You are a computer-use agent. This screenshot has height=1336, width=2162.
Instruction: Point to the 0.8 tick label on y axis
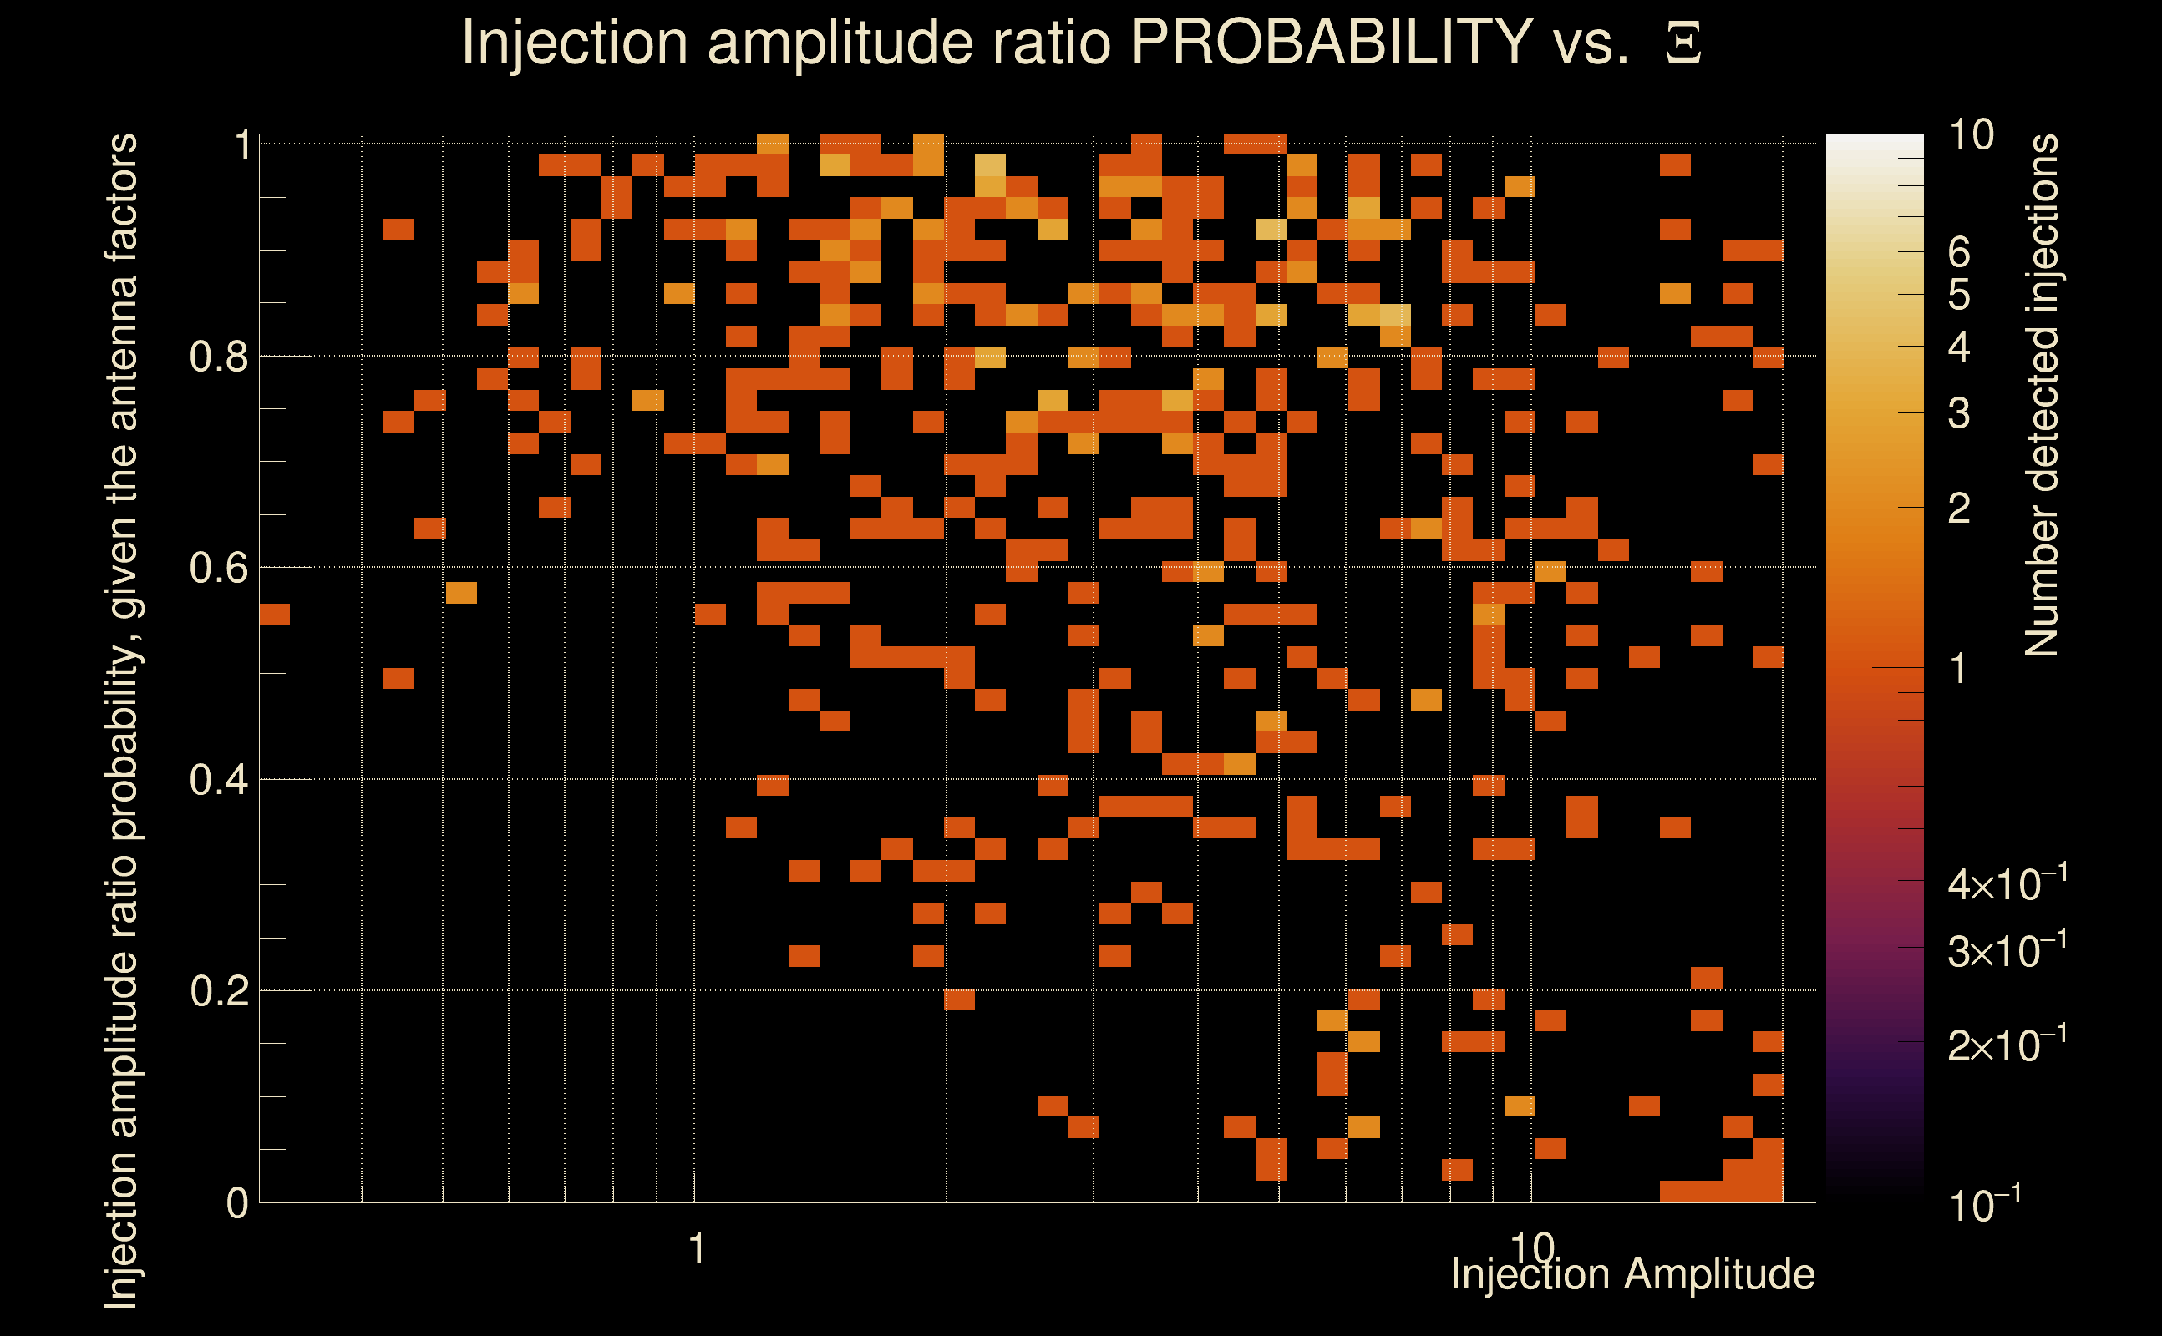(218, 357)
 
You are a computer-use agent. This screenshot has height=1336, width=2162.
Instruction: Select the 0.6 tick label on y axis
(218, 568)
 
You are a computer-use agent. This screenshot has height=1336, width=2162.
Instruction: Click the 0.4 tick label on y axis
(218, 780)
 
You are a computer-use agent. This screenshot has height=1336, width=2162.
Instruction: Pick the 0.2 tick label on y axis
(218, 991)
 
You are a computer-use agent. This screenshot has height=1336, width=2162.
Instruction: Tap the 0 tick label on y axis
(237, 1203)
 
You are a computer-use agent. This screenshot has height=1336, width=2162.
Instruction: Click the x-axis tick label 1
(698, 1248)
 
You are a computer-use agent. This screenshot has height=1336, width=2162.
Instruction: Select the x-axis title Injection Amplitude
(1632, 1274)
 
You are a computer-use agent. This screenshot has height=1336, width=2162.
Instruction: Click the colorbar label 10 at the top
(1971, 135)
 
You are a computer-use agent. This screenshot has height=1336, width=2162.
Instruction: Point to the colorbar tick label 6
(1959, 253)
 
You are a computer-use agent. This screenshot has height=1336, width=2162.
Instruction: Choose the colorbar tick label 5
(1959, 295)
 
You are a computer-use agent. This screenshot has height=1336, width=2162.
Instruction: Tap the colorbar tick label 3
(1959, 413)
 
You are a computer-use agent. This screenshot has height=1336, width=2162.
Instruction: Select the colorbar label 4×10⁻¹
(2007, 883)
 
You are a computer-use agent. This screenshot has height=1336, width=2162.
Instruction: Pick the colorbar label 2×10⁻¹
(2007, 1045)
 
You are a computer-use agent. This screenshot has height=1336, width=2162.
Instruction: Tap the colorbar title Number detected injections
(2042, 395)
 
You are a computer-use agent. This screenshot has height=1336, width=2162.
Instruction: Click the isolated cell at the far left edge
(274, 613)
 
